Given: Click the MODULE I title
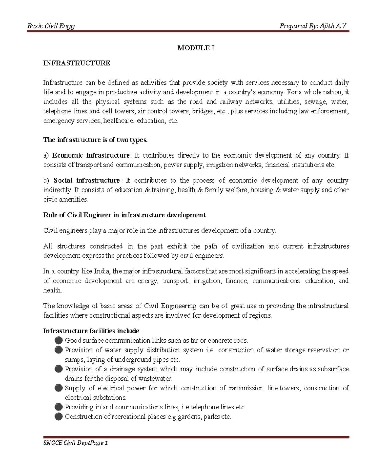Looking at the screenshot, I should tap(196, 48).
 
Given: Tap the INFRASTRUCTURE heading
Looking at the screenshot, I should tap(77, 63).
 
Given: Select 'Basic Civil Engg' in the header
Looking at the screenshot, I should tap(51, 26).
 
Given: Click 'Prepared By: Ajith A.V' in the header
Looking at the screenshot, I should tap(312, 26).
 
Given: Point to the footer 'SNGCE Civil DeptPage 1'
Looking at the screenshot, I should tap(75, 443).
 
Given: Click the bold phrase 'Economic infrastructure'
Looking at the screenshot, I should tap(91, 155).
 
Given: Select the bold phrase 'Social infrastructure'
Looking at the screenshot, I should tap(87, 180).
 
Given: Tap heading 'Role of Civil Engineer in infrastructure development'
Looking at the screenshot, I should tap(124, 215).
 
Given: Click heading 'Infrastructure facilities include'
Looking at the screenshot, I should tap(91, 331).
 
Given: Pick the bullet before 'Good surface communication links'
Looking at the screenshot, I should tap(59, 340).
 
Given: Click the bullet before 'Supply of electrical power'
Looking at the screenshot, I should tap(59, 388).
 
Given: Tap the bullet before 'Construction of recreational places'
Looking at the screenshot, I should tap(59, 417).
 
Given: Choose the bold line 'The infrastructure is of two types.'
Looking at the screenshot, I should tap(95, 140).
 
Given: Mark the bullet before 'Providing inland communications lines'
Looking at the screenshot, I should tap(59, 407).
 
